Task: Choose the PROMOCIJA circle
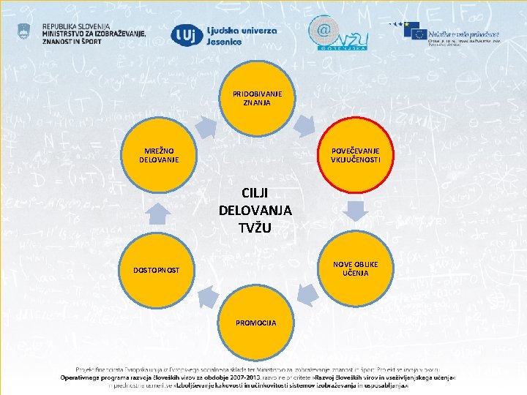tap(256, 323)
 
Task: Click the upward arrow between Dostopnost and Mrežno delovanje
tap(158, 213)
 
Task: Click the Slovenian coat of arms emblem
tap(26, 31)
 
